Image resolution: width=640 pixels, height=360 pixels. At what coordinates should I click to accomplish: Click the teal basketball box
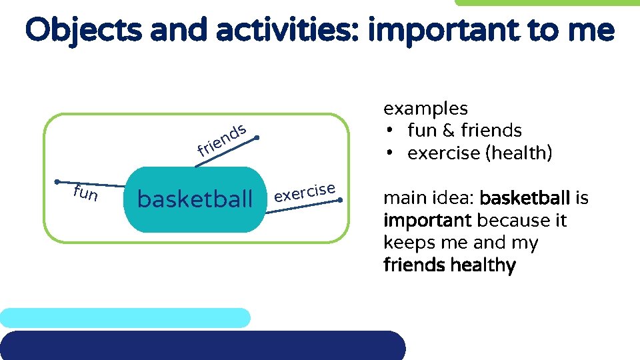point(195,199)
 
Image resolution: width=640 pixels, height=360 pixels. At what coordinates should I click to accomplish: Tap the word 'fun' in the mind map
point(86,194)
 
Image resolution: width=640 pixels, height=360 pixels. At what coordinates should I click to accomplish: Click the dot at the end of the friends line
point(257,138)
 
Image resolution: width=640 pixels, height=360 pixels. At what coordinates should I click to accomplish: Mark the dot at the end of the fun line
point(58,181)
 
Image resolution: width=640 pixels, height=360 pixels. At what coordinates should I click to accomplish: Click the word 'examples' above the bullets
point(425,108)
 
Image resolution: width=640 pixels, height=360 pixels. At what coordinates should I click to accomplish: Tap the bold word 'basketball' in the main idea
point(525,198)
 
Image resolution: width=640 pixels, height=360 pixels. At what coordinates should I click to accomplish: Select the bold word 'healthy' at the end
point(483,265)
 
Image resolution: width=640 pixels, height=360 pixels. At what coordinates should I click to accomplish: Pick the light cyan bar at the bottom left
point(125,317)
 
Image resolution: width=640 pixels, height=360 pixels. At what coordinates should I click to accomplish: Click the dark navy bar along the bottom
point(200,345)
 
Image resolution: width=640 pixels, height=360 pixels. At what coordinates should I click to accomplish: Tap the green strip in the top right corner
point(547,3)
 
